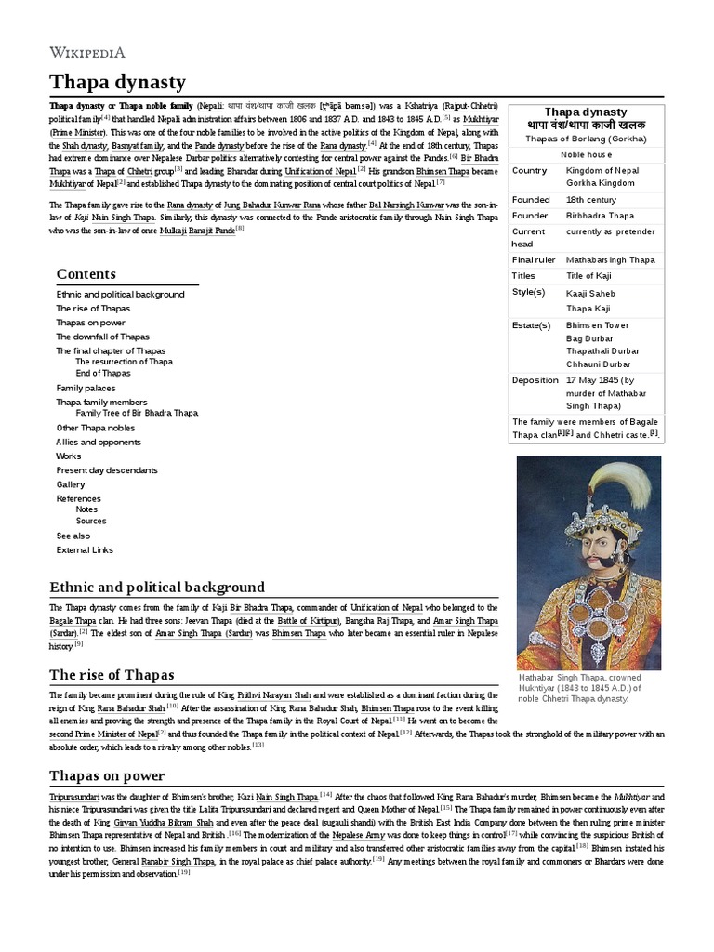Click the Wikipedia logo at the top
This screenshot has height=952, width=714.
coord(86,52)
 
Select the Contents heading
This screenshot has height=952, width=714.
coord(86,273)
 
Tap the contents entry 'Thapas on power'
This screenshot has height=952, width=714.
coord(90,323)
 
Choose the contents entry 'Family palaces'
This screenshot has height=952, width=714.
coord(86,388)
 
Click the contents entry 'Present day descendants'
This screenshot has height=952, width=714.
coord(107,470)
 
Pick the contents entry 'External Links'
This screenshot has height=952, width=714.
coord(85,549)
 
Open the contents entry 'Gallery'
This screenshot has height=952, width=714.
coord(71,484)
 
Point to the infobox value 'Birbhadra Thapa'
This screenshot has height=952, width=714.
coord(600,215)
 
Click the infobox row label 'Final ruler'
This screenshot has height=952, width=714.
coord(534,260)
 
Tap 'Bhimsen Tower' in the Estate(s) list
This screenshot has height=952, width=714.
coord(598,325)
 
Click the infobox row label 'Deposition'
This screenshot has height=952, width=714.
coord(535,380)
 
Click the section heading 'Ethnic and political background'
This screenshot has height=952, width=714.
coord(156,587)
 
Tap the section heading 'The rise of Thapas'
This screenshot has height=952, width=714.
coord(112,674)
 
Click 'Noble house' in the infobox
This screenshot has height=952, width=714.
coord(585,154)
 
